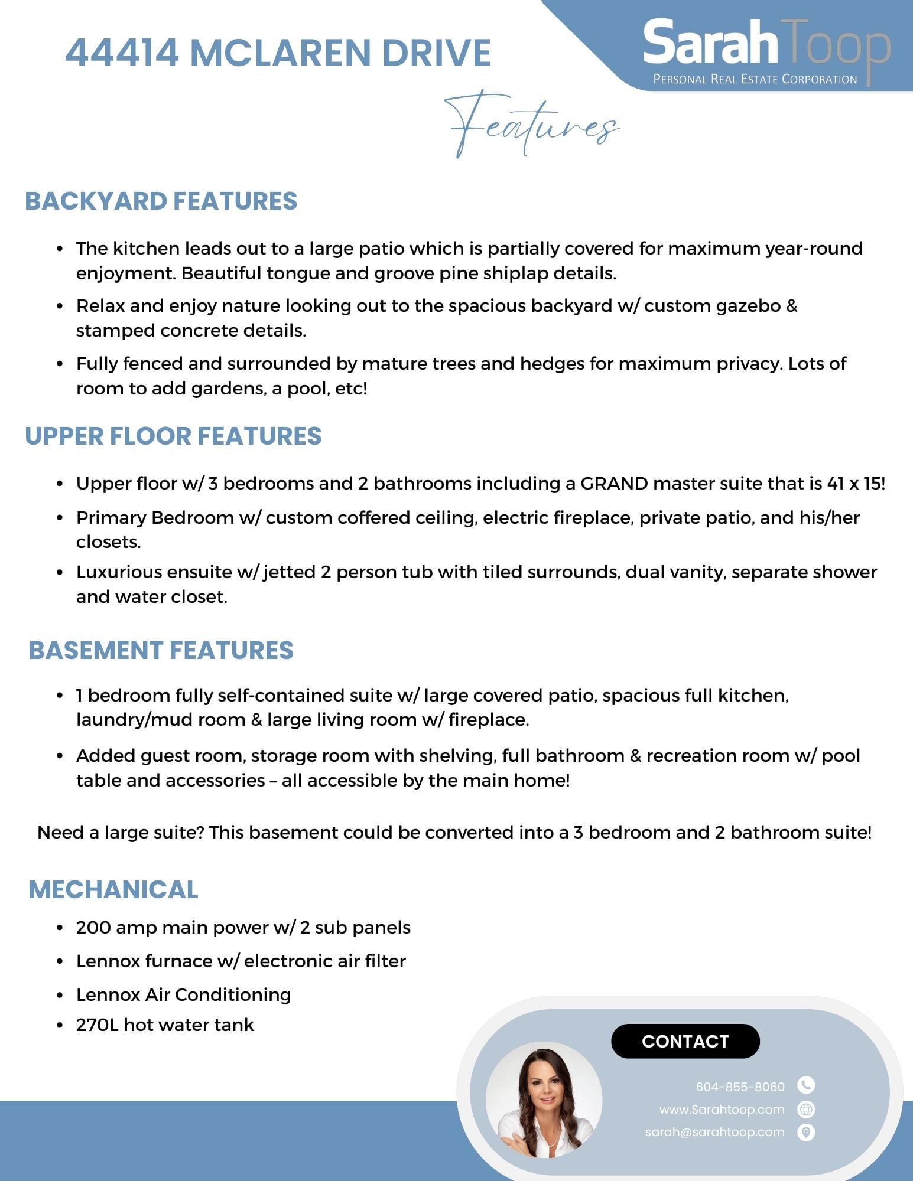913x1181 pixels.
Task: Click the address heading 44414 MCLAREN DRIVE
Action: tap(278, 53)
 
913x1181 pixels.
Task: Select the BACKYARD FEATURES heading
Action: tap(161, 201)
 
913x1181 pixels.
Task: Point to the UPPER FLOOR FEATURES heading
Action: tap(173, 436)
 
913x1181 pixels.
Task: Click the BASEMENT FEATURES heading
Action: tap(161, 651)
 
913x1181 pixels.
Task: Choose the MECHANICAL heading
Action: tap(113, 890)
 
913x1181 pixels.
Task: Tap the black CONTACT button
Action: tap(685, 1041)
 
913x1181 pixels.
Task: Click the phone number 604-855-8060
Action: tap(740, 1087)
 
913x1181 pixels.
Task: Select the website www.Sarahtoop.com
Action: tap(722, 1110)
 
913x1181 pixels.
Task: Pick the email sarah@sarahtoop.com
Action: tap(714, 1132)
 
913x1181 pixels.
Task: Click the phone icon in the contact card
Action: tap(806, 1085)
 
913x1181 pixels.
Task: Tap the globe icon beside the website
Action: tap(806, 1110)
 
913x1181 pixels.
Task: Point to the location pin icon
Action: tap(806, 1133)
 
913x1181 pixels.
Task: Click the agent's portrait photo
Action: tap(544, 1100)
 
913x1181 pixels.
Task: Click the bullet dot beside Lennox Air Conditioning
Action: tap(60, 996)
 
